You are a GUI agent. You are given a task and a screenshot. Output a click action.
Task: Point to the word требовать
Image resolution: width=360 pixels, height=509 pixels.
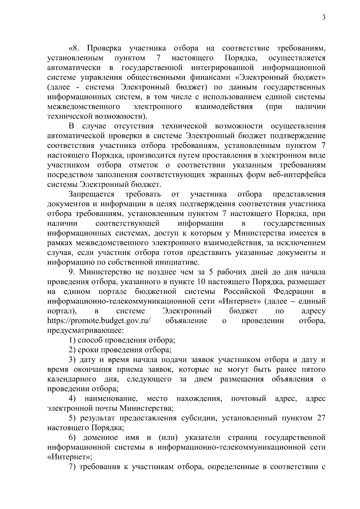click(x=143, y=194)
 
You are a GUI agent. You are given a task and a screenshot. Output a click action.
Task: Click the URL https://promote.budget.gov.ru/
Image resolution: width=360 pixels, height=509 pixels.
click(x=99, y=321)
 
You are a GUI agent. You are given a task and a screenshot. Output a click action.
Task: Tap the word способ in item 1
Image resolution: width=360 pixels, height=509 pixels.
click(x=90, y=340)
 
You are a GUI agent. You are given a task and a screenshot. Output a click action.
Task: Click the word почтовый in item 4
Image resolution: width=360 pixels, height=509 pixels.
click(x=249, y=399)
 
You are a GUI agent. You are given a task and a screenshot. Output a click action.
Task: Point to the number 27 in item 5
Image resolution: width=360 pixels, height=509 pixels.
click(x=321, y=418)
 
